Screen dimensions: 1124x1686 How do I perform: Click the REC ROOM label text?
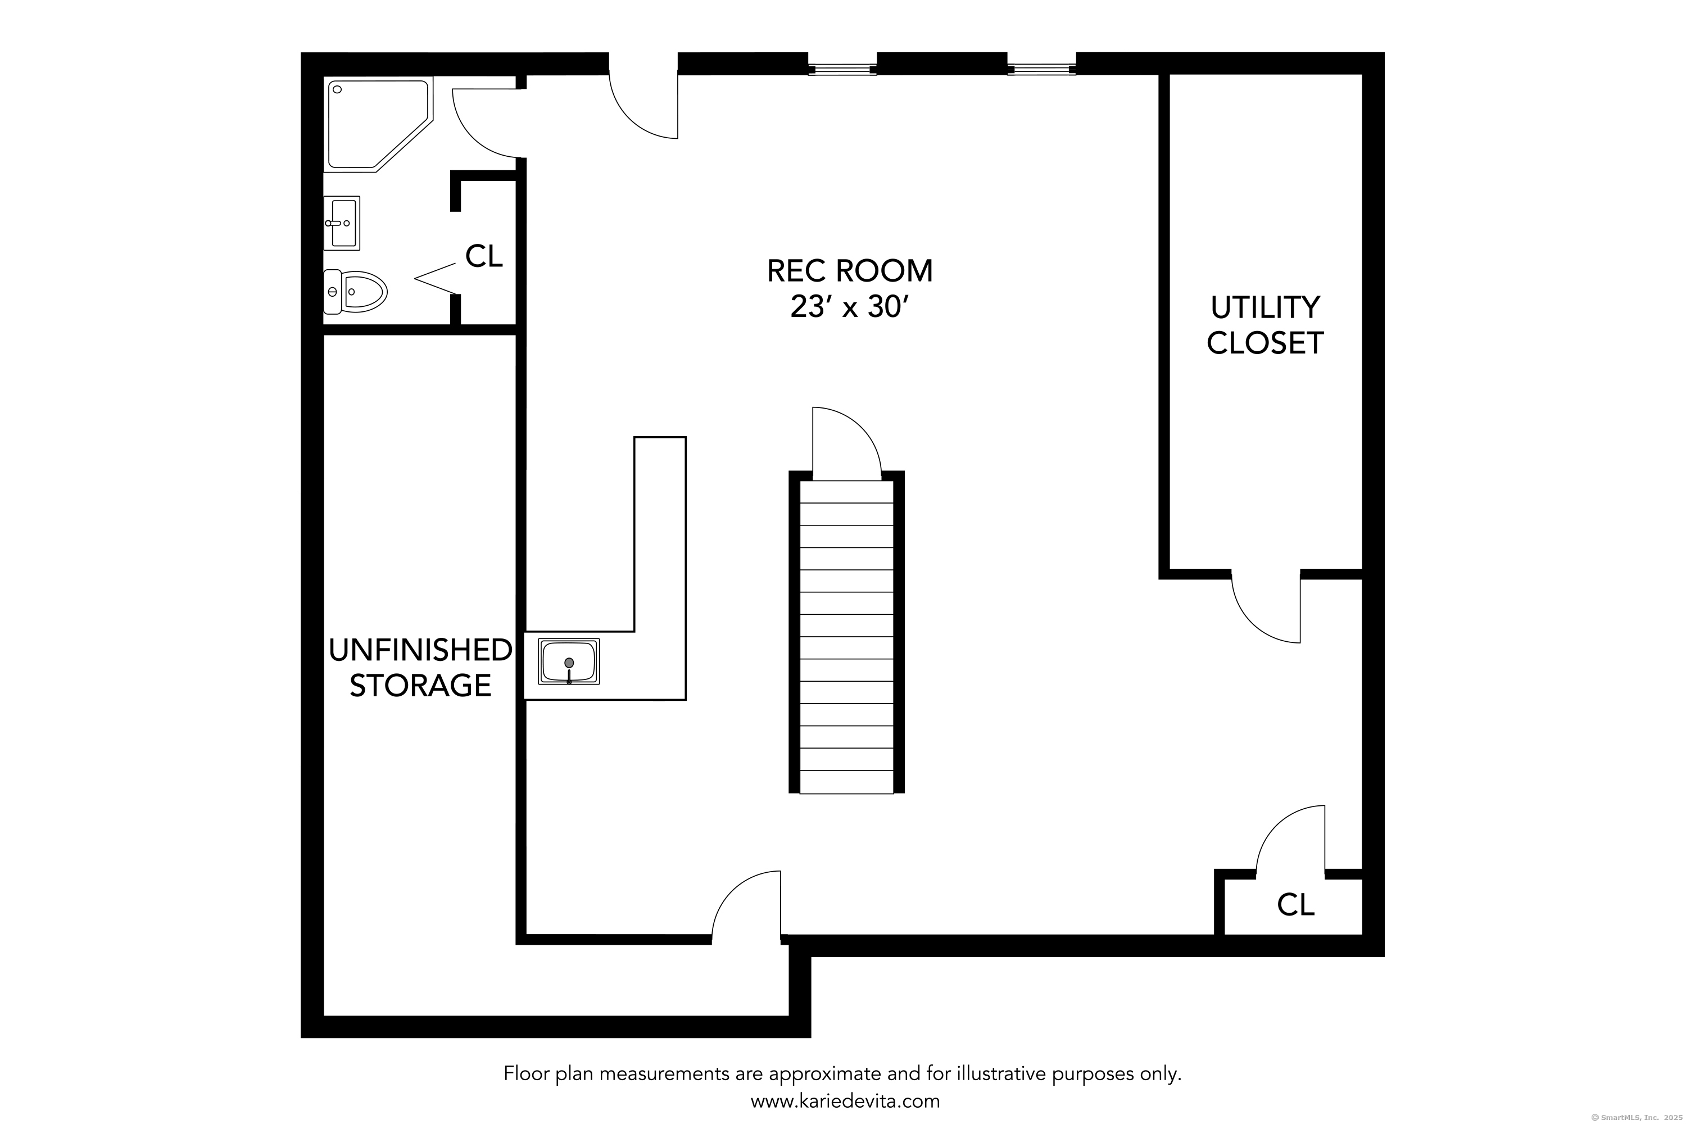(x=849, y=271)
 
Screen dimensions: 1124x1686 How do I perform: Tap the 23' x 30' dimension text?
(x=849, y=307)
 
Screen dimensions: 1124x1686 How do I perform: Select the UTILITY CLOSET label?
(x=1265, y=325)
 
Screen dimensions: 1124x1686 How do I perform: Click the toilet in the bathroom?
(x=356, y=292)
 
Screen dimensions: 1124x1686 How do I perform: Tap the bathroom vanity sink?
(x=342, y=223)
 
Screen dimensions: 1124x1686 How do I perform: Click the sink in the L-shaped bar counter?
(x=568, y=661)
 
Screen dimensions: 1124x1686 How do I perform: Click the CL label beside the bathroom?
(x=484, y=256)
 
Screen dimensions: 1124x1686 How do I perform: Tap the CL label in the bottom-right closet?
(x=1295, y=905)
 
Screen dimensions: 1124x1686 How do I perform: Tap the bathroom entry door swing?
(x=486, y=122)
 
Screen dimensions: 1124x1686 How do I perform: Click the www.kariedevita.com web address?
(x=845, y=1100)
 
